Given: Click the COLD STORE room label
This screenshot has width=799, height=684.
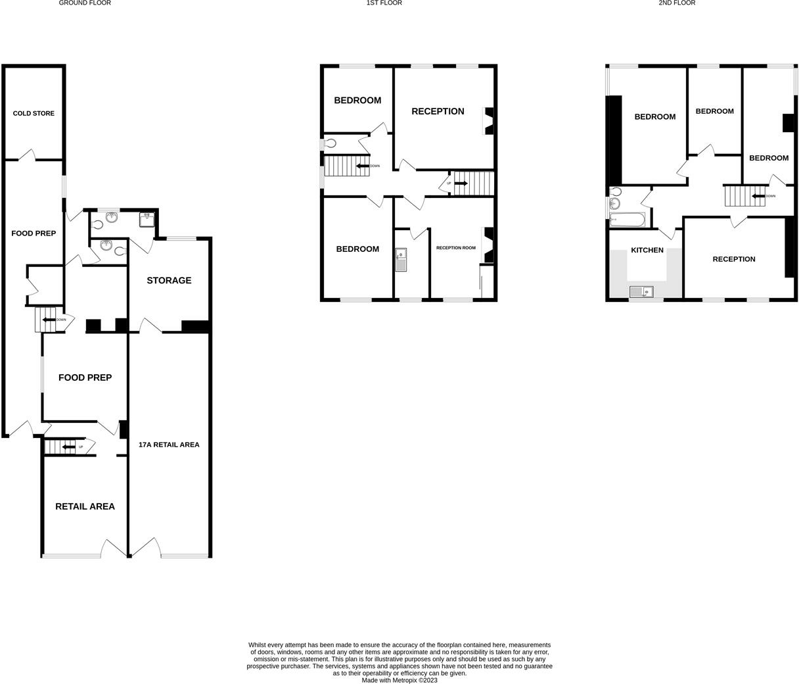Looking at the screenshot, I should point(34,113).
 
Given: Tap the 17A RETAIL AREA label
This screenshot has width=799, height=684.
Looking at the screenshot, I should point(169,445).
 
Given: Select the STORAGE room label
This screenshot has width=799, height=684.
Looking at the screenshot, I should point(169,280).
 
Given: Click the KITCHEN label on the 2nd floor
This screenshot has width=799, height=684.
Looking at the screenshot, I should point(647,250).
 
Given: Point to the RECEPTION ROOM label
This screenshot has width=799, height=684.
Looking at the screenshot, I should point(456,248).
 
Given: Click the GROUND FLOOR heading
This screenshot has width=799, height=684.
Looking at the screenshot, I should point(85,3).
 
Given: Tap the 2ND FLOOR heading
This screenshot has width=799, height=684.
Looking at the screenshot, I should point(677,3).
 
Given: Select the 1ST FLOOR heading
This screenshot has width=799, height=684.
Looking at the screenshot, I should point(384,3).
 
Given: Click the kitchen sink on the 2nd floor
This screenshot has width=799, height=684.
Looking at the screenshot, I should point(641,291).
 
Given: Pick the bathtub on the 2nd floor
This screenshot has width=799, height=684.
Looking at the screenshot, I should point(628,219).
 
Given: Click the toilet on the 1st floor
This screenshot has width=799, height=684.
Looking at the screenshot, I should point(329,143).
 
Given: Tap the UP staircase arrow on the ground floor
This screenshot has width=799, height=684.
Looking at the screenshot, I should point(68,447).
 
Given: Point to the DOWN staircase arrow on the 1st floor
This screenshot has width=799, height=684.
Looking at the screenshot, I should point(362,166).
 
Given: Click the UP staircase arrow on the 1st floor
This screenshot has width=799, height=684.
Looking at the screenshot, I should point(461,183).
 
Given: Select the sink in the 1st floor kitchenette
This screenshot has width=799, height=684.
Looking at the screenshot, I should point(401,260).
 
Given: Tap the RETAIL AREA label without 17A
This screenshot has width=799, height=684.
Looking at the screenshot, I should point(85,506).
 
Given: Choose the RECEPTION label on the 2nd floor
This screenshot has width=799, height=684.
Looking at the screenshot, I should point(734,259).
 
